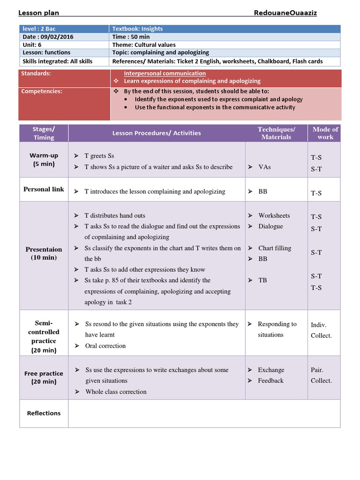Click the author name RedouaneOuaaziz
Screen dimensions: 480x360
click(285, 13)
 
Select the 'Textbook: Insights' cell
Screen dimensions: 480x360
click(137, 29)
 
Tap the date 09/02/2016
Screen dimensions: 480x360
click(57, 37)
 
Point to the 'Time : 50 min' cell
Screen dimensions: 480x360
click(131, 37)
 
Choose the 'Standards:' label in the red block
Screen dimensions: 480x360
click(36, 74)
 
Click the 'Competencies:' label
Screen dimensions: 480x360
click(42, 91)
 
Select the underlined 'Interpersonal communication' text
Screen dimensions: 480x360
click(165, 74)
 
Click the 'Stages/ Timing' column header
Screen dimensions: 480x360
click(44, 133)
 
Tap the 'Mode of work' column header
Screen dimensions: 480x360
click(325, 133)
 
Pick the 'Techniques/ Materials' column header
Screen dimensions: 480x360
click(276, 133)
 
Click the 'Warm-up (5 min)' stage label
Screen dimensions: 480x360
click(44, 159)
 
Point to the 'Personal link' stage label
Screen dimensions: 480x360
click(44, 189)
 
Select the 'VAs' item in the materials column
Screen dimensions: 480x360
click(264, 167)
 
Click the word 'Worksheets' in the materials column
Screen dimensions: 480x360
click(274, 216)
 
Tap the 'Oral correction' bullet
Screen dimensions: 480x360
click(105, 346)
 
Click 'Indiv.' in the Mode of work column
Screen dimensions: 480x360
click(319, 324)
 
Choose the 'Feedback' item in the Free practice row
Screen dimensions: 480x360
click(270, 381)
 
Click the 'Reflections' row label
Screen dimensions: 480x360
click(44, 413)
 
